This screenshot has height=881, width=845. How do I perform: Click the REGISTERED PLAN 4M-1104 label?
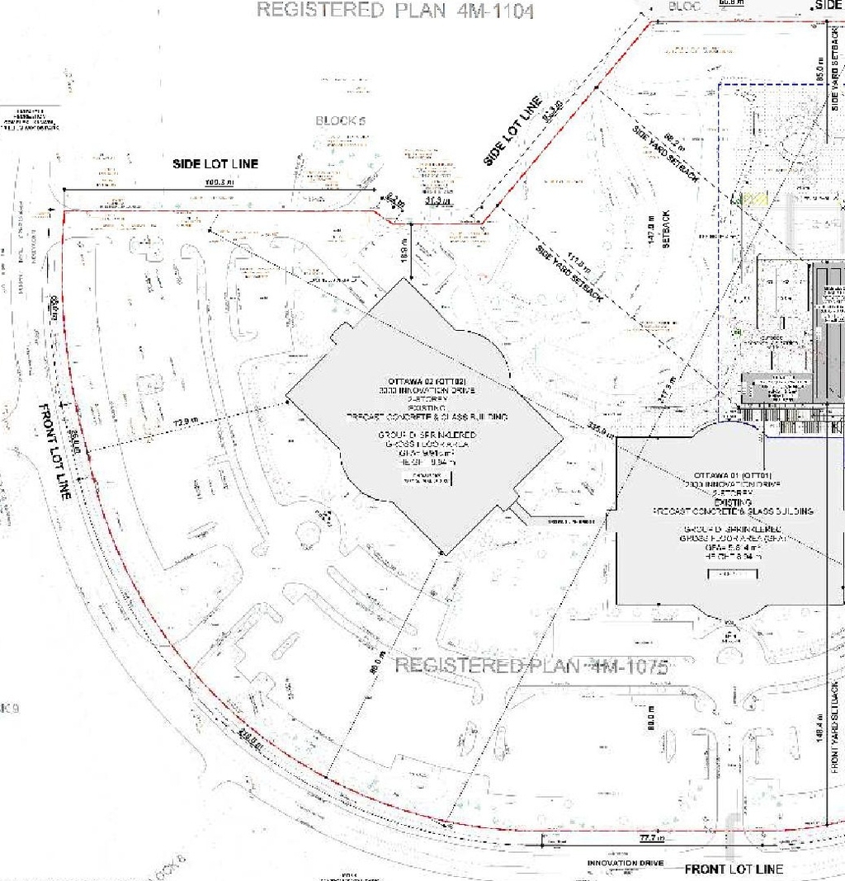click(395, 11)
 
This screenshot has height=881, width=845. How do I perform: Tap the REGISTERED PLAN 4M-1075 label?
click(531, 666)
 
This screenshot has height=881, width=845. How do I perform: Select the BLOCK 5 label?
click(340, 120)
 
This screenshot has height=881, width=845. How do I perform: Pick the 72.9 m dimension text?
click(187, 421)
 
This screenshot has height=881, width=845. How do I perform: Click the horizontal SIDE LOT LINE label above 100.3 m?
click(215, 163)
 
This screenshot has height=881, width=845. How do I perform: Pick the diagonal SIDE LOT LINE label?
click(513, 130)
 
